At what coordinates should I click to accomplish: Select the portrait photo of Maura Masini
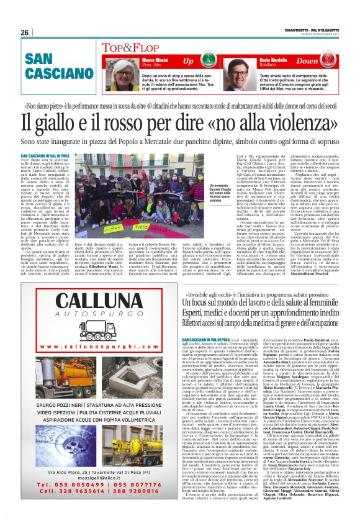124,72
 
